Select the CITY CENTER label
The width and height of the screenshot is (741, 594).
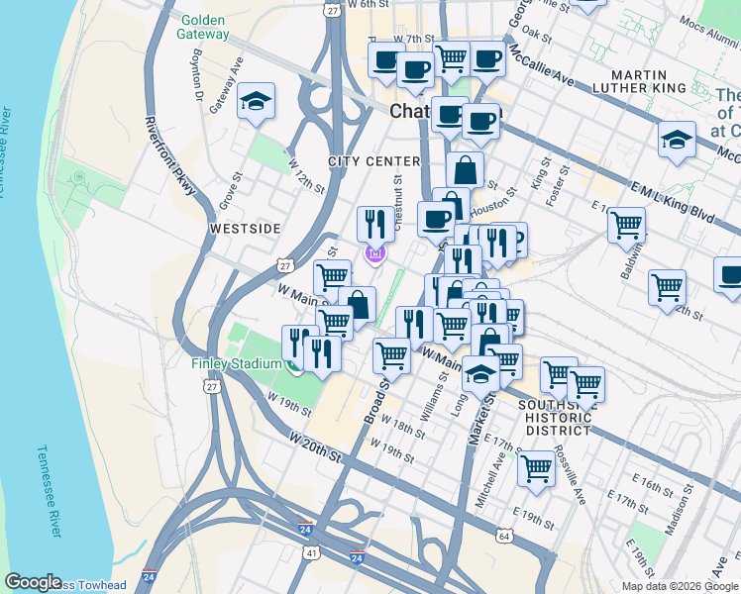[x=375, y=161]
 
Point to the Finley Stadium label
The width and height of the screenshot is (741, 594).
[x=237, y=363]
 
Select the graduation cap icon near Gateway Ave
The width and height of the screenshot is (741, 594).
[x=257, y=101]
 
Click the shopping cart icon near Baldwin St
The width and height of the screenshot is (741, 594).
[x=626, y=226]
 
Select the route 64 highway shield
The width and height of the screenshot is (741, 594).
[x=504, y=536]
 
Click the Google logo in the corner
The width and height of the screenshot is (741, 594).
[x=33, y=582]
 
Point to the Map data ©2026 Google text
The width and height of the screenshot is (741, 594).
[x=680, y=586]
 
